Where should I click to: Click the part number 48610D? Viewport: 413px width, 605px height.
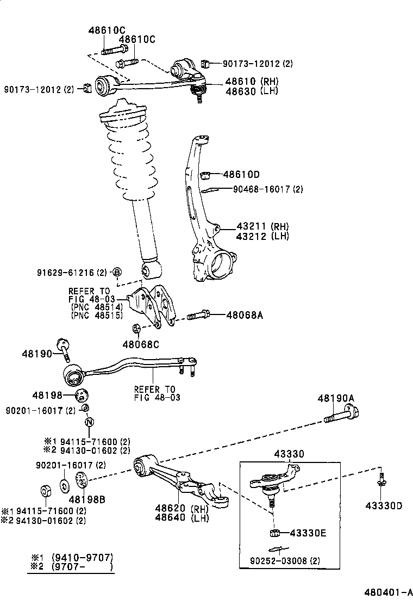[x=241, y=175]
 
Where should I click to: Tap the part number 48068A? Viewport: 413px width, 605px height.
[x=245, y=315]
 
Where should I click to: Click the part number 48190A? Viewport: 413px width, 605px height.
[x=335, y=399]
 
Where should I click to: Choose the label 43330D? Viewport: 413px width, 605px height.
[x=384, y=505]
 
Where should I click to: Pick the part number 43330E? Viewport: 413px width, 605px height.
[x=308, y=533]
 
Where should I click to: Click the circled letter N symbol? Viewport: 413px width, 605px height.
[x=90, y=422]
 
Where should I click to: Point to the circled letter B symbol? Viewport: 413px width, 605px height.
[x=117, y=271]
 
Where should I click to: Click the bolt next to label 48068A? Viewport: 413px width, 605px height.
[x=198, y=315]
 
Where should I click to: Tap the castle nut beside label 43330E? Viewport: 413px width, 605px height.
[x=274, y=533]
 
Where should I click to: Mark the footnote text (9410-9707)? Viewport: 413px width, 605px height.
[x=82, y=558]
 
